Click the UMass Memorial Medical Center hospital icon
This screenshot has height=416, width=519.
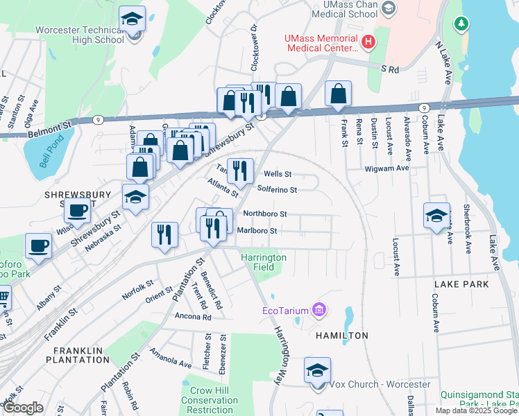[x=368, y=42]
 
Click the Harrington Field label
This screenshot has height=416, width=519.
[x=263, y=262]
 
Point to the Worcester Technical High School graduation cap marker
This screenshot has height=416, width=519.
[x=132, y=20]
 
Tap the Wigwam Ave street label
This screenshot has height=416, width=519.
[x=387, y=168]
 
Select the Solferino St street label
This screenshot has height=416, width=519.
[x=277, y=189]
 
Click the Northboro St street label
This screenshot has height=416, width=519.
[x=264, y=214]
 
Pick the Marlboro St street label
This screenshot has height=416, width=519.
[x=257, y=230]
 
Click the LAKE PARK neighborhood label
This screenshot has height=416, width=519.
[x=461, y=284]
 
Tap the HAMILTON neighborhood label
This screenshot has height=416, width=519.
[x=342, y=335]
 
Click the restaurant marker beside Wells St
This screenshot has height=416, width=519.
[x=240, y=170]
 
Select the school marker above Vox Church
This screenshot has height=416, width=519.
[x=317, y=370]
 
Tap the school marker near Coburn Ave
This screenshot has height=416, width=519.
[x=436, y=216]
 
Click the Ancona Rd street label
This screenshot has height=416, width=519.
[x=187, y=316]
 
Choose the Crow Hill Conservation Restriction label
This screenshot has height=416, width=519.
[x=210, y=400]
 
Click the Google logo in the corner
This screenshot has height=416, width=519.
[x=23, y=408]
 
